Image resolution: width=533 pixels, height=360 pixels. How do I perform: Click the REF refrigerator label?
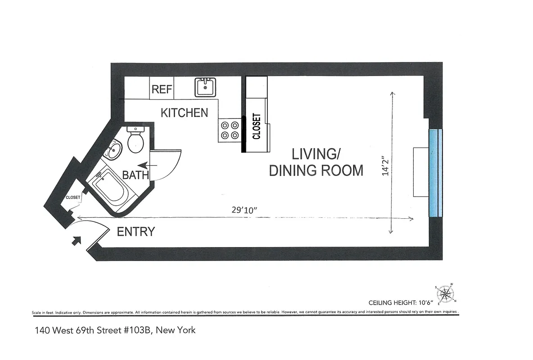click(162, 89)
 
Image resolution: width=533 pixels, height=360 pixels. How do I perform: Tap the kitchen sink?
click(206, 87)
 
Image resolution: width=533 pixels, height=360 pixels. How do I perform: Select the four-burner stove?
click(230, 130)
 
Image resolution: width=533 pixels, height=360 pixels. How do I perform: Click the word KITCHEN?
click(185, 112)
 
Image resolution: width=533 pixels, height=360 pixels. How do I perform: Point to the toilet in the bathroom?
click(136, 139)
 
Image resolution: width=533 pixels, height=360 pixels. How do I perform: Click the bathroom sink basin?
click(113, 150)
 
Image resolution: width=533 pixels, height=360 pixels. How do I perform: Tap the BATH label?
click(135, 175)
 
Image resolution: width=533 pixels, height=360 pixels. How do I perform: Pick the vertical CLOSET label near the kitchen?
click(257, 126)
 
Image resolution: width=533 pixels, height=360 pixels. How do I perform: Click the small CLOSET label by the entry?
click(73, 197)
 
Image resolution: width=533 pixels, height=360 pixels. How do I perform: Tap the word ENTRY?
click(136, 232)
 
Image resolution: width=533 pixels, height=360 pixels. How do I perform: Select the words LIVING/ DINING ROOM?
click(316, 162)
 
